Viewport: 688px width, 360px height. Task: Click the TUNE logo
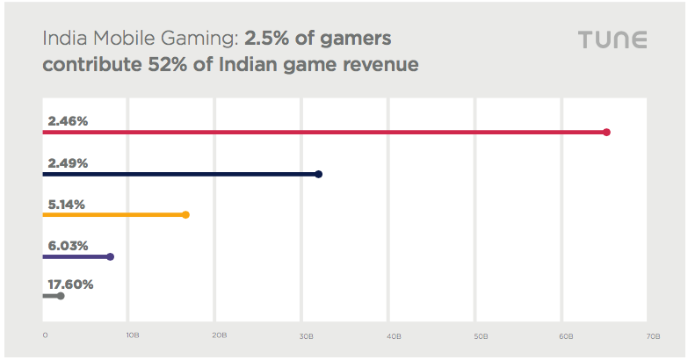coord(612,40)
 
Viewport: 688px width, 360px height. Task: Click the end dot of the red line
coord(606,132)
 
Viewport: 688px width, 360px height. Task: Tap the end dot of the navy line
coord(318,174)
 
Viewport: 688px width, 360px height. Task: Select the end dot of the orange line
coord(185,214)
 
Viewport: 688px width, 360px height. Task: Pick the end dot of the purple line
coord(110,256)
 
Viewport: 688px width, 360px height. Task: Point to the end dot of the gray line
coord(60,296)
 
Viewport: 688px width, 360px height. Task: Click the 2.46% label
coord(68,121)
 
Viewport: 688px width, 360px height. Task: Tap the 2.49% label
coord(68,162)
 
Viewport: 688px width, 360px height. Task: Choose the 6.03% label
coord(68,245)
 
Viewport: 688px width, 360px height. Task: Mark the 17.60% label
coord(70,284)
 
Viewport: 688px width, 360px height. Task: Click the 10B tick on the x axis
coord(132,335)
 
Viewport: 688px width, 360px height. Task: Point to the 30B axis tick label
coord(306,335)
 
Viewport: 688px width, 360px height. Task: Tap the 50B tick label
coord(480,335)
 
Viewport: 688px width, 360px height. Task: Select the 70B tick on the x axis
coord(653,335)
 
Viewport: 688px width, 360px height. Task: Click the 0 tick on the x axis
coord(45,335)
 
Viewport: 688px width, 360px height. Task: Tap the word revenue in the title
coord(378,64)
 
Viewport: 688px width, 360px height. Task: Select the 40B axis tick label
coord(393,335)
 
